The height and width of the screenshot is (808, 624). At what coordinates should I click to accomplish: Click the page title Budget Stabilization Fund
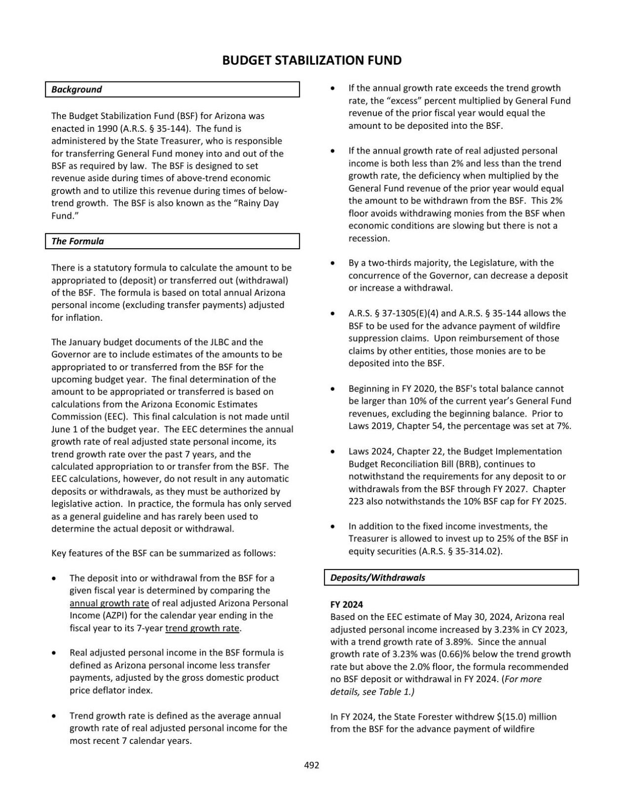(312, 61)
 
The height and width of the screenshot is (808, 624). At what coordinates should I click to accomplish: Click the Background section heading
(76, 89)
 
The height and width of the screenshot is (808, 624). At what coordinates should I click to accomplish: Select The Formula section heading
(77, 241)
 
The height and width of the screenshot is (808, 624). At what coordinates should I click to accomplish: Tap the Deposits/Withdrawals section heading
(377, 577)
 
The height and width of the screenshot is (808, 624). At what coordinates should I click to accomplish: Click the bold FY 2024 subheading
(346, 605)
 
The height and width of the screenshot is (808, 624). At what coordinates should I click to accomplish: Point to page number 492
(311, 765)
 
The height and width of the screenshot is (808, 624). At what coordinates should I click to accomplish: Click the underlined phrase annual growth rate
(109, 603)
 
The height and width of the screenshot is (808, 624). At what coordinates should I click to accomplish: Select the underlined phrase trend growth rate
(202, 628)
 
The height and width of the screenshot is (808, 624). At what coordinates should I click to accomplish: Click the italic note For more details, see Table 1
(436, 686)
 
